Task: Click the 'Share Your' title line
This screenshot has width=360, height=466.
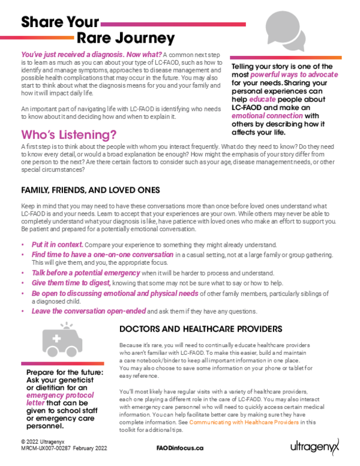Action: point(60,23)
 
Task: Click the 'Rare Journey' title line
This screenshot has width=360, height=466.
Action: point(125,38)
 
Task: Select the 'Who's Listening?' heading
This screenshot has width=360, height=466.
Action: point(69,133)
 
